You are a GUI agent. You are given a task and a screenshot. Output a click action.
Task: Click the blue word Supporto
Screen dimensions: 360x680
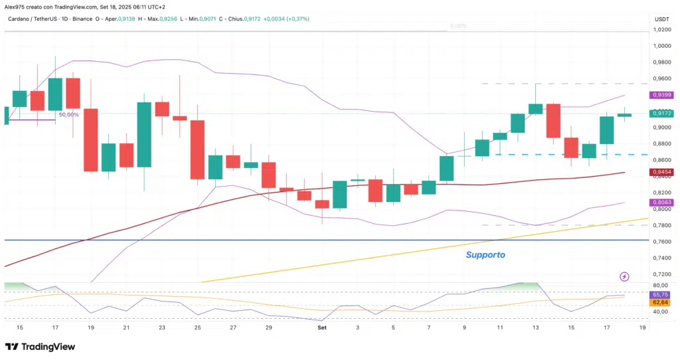pyautogui.click(x=485, y=254)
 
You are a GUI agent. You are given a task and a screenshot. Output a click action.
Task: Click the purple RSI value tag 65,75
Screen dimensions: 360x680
pyautogui.click(x=660, y=294)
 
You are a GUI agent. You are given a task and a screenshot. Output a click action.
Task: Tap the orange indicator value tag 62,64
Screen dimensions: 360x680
pyautogui.click(x=660, y=303)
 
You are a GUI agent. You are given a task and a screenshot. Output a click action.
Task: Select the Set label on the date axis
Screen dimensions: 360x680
pyautogui.click(x=321, y=327)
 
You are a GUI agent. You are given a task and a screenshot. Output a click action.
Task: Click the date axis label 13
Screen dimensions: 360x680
pyautogui.click(x=536, y=327)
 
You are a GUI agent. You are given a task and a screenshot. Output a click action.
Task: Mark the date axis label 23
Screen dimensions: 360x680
pyautogui.click(x=161, y=327)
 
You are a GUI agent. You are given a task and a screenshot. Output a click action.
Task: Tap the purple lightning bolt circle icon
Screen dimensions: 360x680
pyautogui.click(x=624, y=276)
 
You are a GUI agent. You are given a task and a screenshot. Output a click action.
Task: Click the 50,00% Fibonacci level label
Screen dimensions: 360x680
pyautogui.click(x=68, y=115)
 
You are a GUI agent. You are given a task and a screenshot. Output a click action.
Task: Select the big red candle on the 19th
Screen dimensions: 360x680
pyautogui.click(x=90, y=139)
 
